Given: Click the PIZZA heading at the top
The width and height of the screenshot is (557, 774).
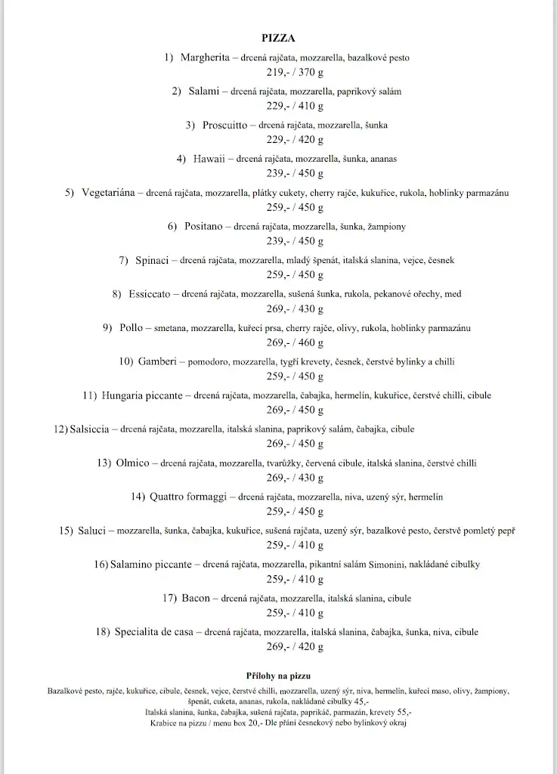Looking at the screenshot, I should [278, 37].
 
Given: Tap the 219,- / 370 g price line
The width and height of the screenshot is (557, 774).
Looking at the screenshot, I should [295, 73].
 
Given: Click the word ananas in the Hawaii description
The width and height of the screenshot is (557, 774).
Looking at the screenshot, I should [383, 159].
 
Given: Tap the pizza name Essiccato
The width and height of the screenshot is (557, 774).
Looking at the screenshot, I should [149, 294].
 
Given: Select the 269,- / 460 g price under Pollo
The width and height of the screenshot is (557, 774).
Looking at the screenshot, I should [295, 343].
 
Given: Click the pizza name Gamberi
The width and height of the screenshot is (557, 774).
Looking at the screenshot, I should [157, 361].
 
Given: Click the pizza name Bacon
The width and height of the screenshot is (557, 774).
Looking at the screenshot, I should [196, 599].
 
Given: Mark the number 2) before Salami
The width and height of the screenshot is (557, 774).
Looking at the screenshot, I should [177, 91].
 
